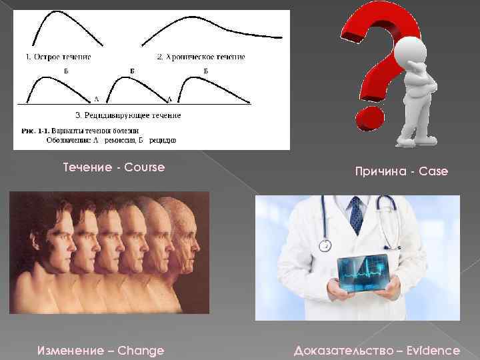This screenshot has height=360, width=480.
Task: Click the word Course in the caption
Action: (x=141, y=167)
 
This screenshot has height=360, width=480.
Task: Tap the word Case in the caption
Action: (x=433, y=172)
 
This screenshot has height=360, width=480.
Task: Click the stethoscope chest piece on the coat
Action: (x=325, y=246)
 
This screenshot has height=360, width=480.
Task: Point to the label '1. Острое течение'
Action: (x=58, y=57)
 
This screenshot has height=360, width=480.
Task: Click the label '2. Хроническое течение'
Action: (x=201, y=57)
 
